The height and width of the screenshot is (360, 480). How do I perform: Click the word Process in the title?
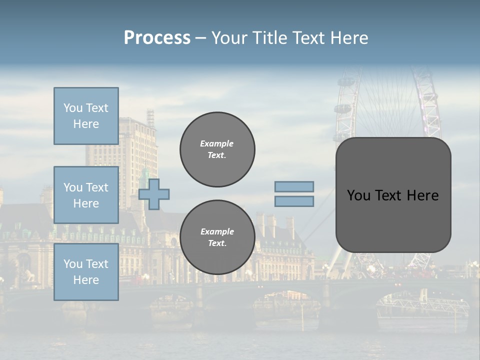click(157, 38)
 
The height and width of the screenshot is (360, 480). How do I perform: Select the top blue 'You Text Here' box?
click(86, 116)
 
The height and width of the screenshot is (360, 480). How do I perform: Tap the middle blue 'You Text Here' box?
click(86, 195)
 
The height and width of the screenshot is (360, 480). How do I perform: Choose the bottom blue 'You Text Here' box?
click(86, 272)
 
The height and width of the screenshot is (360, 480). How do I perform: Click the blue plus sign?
click(154, 194)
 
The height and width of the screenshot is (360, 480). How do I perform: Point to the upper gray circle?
click(217, 149)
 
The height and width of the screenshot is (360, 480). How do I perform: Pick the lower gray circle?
click(217, 237)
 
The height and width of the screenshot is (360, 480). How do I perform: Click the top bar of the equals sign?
click(294, 187)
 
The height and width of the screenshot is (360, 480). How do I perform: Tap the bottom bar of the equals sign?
click(294, 201)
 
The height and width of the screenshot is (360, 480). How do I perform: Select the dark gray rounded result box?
click(393, 220)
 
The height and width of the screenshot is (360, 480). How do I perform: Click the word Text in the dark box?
click(394, 195)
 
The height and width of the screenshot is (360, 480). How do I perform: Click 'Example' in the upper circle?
click(217, 143)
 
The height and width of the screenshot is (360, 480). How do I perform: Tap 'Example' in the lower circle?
click(217, 231)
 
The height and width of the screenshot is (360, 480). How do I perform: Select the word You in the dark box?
click(359, 195)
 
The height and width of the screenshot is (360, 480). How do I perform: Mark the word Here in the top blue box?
click(86, 124)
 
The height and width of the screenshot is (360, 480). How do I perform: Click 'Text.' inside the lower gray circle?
click(217, 243)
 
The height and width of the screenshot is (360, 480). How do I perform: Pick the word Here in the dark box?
click(424, 195)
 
